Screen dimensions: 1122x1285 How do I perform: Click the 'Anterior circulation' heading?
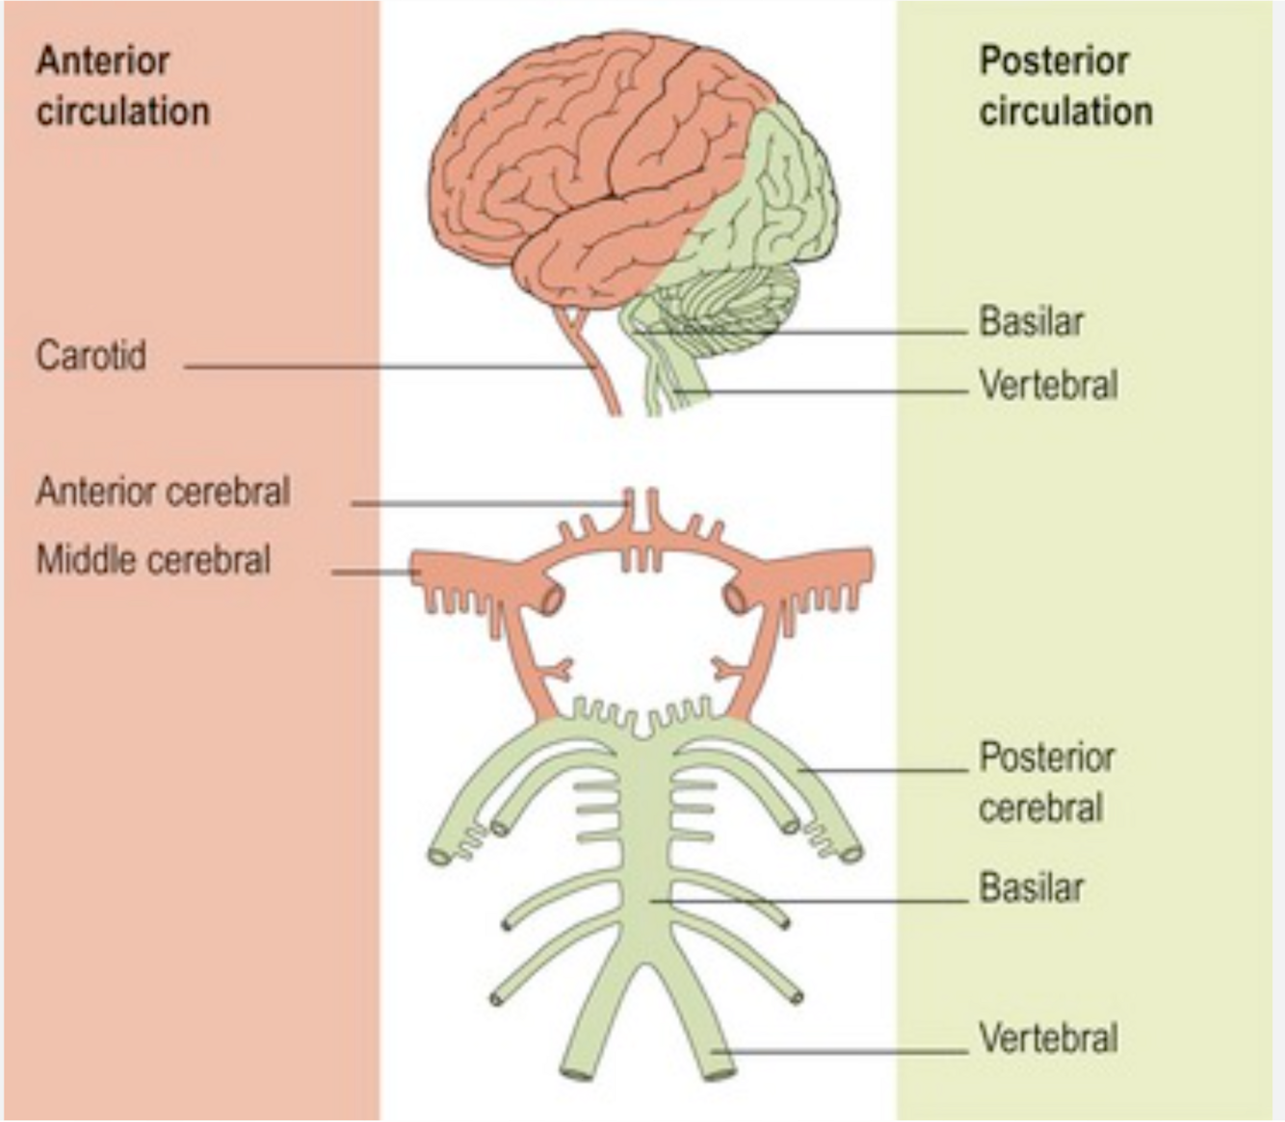[x=122, y=87]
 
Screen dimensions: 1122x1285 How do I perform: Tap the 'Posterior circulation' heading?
[x=1065, y=87]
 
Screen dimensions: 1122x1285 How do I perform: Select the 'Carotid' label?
[x=92, y=356]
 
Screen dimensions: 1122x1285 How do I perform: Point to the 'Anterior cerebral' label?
[x=163, y=493]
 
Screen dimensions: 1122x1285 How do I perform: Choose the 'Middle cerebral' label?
[x=153, y=560]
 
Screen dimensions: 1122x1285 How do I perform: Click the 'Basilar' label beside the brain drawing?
[x=1031, y=322]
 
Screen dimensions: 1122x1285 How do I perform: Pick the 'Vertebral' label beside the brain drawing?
[x=1048, y=386]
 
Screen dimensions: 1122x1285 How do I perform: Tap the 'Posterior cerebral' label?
[x=1046, y=783]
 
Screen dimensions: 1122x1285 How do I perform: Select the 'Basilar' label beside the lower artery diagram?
[x=1031, y=888]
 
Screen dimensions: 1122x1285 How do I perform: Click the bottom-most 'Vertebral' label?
[x=1048, y=1039]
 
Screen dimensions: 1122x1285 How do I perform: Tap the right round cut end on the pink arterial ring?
[x=736, y=600]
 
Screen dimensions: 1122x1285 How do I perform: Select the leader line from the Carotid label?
[x=385, y=366]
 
